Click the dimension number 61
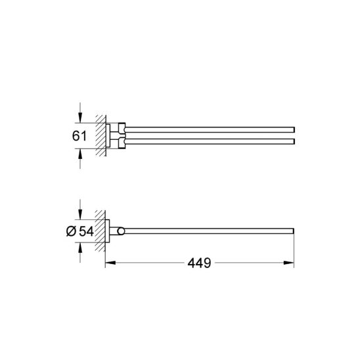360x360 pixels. tap(79, 136)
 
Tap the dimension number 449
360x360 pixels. tap(199, 263)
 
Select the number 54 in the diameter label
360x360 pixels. tap(86, 231)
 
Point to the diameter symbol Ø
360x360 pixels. tap(71, 231)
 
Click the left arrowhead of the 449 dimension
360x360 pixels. tap(110, 263)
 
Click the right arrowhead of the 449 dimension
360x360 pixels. tap(289, 263)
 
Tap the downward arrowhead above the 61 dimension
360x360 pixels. tap(80, 118)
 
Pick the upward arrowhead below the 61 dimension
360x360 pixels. tap(80, 154)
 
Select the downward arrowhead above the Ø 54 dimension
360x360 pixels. tap(80, 214)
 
